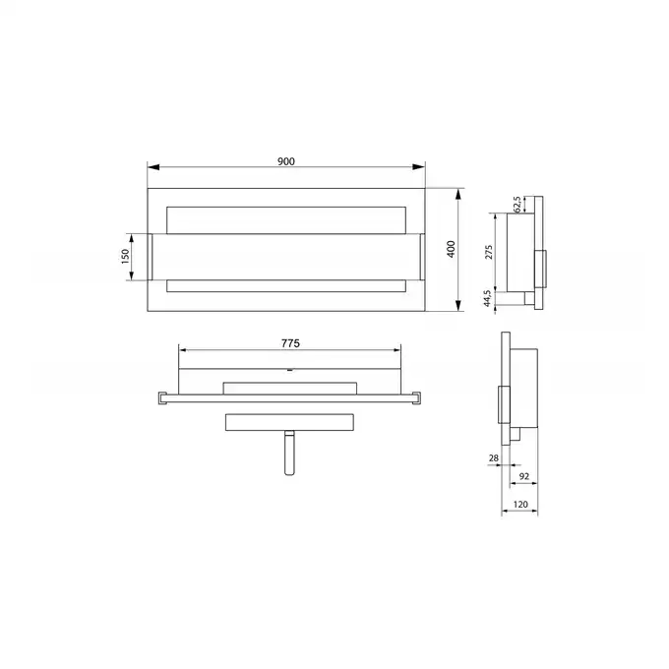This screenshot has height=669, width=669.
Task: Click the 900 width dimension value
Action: point(286,161)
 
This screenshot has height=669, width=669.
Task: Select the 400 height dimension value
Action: point(451,249)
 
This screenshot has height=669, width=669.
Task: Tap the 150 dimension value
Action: point(125,257)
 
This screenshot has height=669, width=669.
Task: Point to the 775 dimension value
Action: point(290,343)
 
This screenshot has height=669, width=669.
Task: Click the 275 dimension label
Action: point(489,252)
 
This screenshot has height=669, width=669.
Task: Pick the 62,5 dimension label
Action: point(517,205)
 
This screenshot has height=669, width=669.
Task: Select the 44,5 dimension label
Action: point(487,298)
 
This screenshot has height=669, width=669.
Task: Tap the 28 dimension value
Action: point(494,457)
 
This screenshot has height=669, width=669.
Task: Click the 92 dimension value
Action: point(524,476)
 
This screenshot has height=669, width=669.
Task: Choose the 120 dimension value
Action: point(520,505)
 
